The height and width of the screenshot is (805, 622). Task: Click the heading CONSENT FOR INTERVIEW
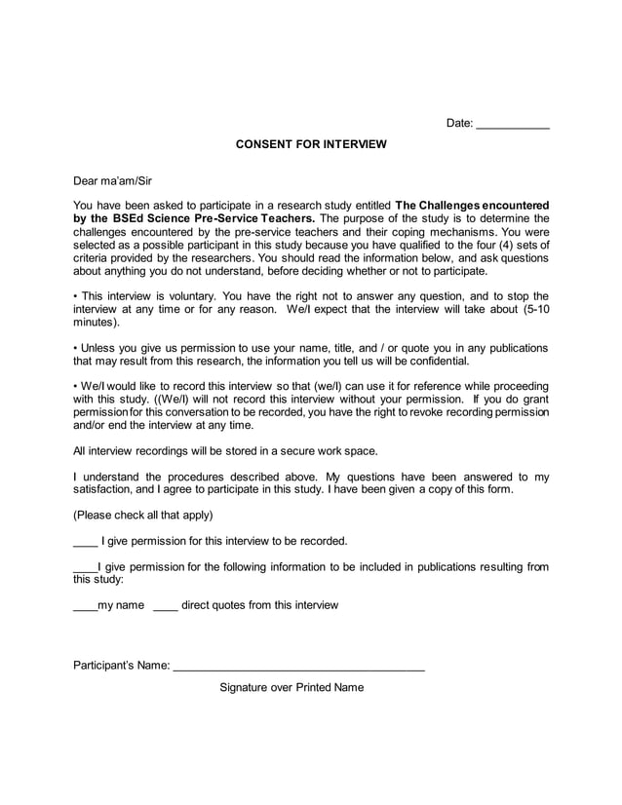tap(311, 144)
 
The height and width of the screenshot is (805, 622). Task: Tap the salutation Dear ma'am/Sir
tap(113, 180)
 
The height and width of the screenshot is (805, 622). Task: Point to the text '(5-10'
tap(531, 309)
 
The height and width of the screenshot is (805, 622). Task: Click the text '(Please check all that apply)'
tap(143, 515)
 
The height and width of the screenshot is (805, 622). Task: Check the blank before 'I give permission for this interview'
tap(86, 543)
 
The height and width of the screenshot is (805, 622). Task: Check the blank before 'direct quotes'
tap(166, 607)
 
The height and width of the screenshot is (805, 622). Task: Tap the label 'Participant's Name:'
tap(122, 667)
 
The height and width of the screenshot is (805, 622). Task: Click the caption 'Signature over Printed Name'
tap(292, 687)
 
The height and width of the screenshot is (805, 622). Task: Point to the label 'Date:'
tap(459, 123)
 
